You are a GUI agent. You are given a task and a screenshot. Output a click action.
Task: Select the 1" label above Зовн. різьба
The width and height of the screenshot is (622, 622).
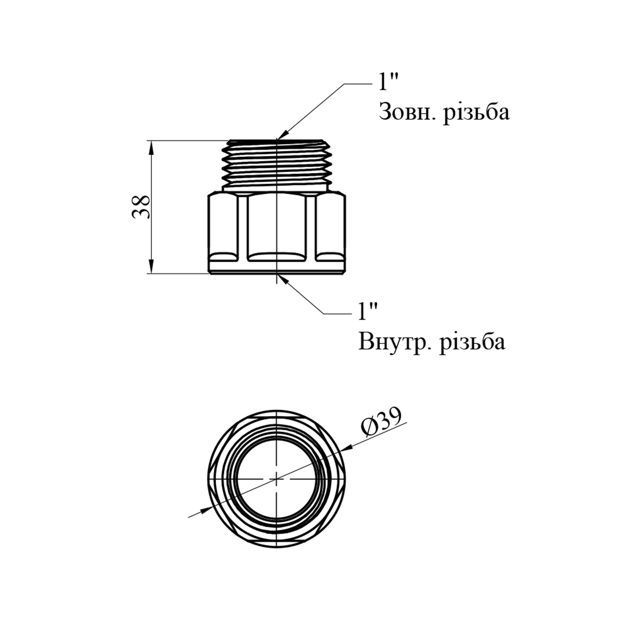388,83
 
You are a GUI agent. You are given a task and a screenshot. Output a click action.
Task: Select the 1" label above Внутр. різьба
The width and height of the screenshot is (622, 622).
368,311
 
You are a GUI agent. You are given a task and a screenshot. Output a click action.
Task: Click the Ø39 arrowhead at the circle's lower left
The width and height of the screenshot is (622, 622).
205,509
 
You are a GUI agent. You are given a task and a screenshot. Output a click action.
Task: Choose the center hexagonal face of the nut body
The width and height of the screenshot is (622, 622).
277,226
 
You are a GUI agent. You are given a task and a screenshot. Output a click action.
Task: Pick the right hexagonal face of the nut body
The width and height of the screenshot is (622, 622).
330,226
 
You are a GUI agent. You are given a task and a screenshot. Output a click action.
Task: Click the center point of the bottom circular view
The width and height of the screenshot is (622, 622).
276,479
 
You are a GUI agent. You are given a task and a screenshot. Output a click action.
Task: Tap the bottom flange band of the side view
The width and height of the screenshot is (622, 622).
277,267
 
